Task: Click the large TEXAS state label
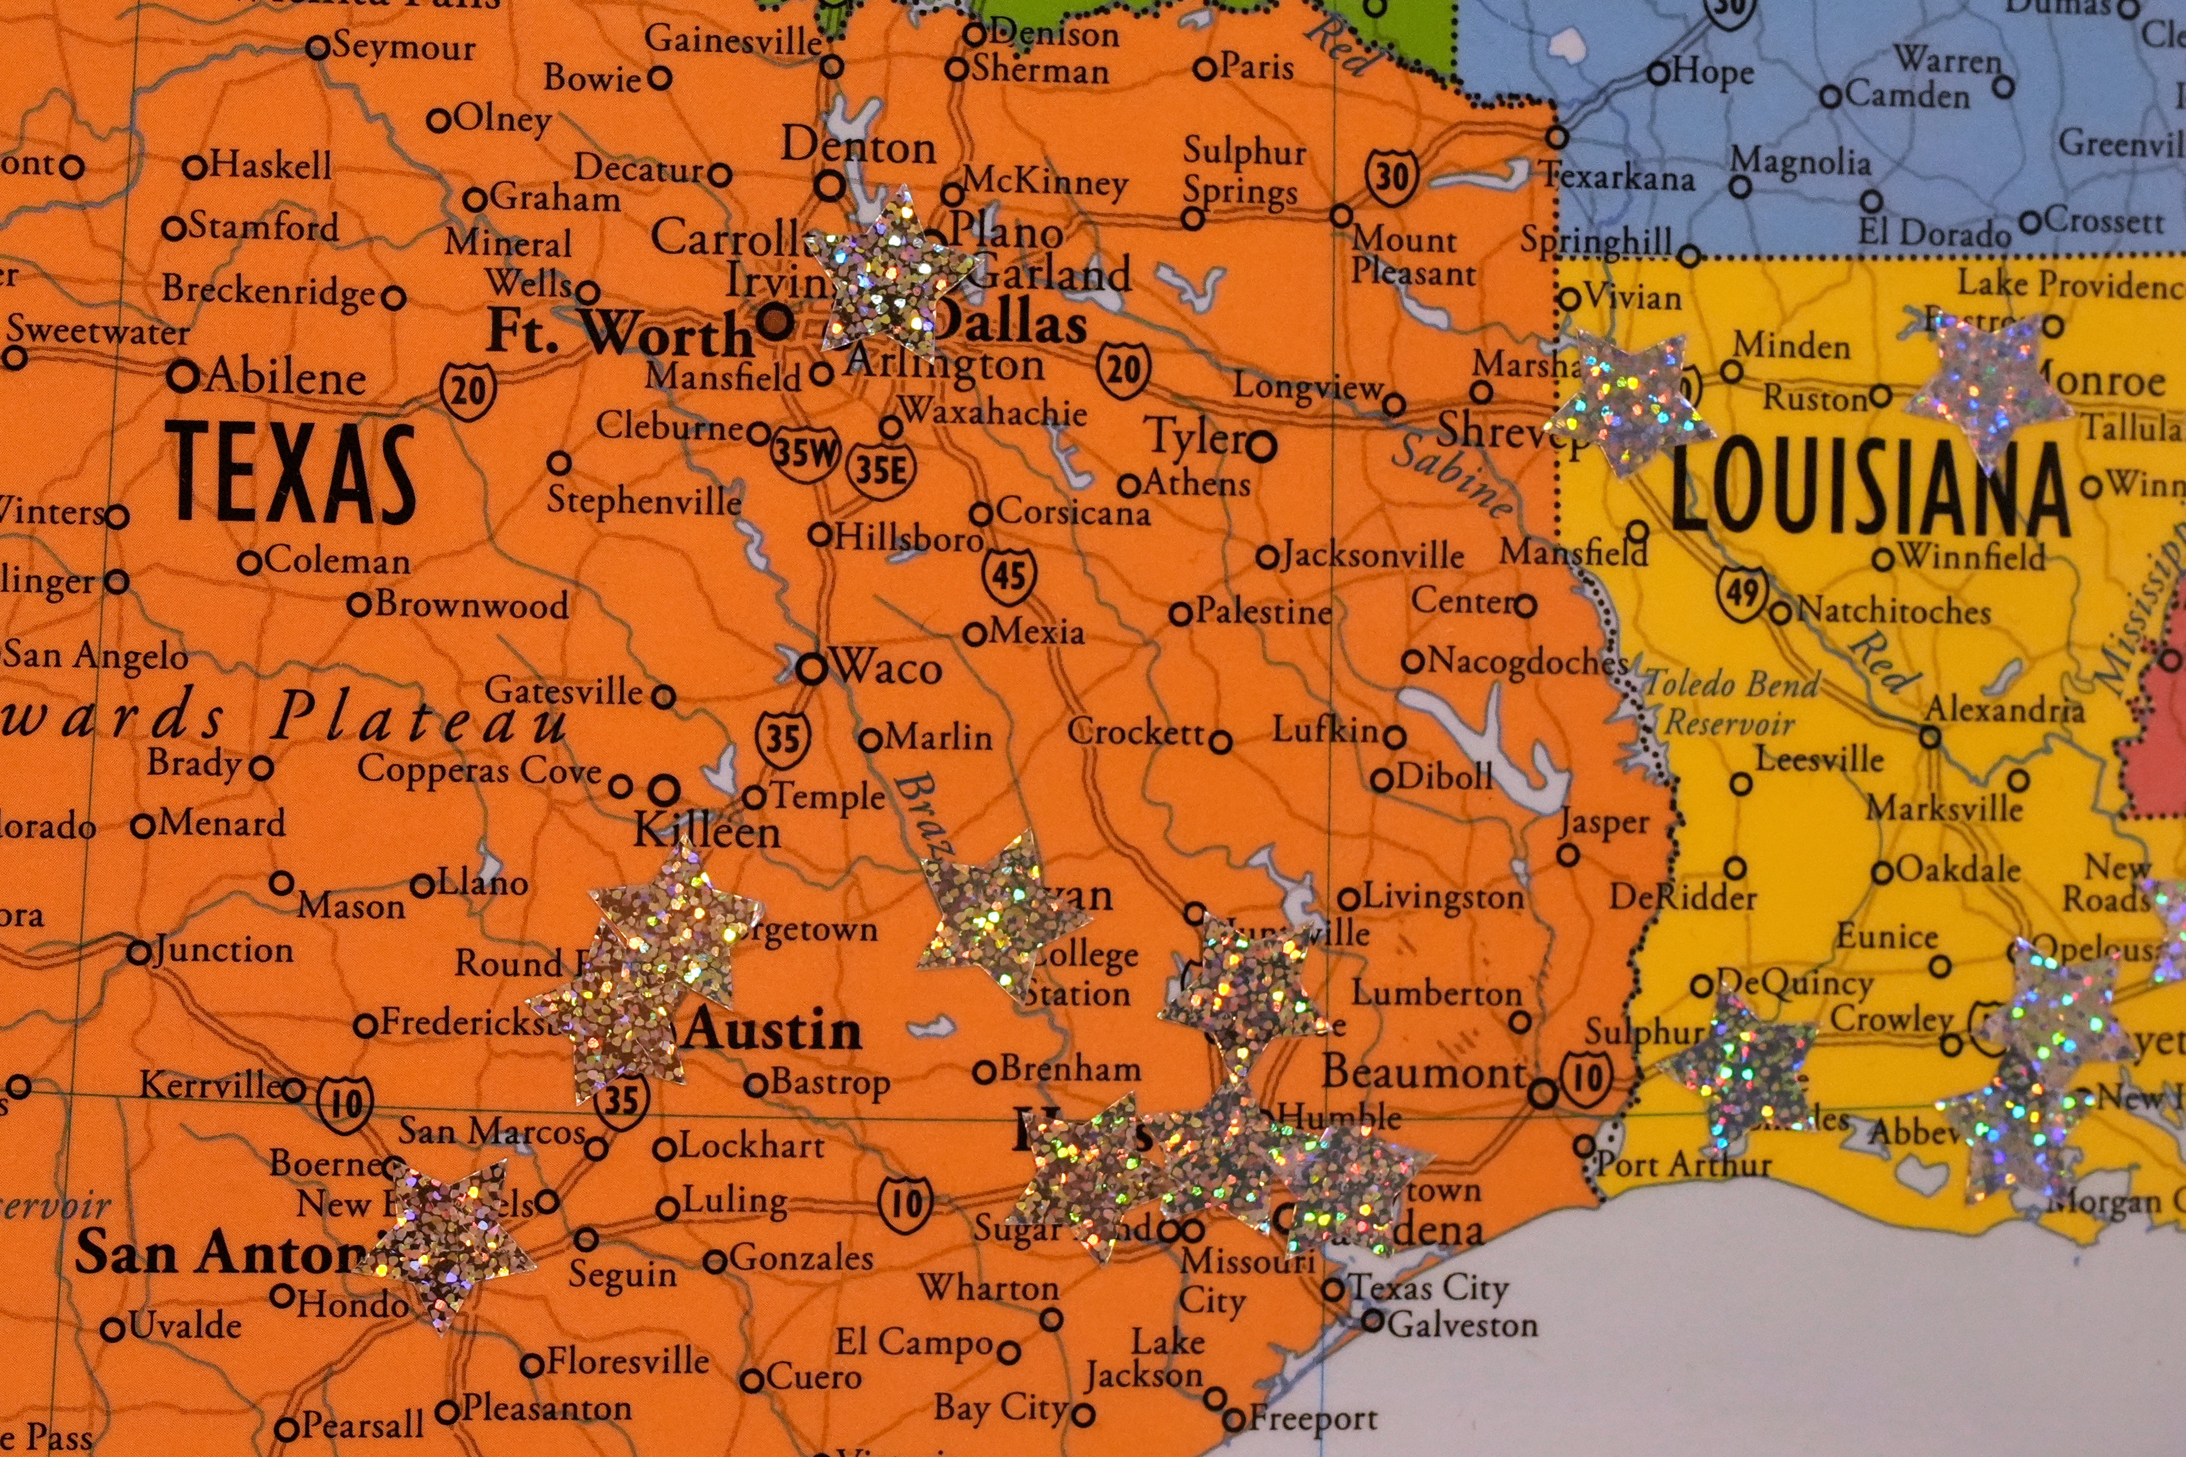point(290,472)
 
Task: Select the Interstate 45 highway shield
point(1009,576)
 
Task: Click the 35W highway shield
point(805,454)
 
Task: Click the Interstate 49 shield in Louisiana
point(1741,591)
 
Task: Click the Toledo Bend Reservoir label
point(1730,703)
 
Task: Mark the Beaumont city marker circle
point(1542,1094)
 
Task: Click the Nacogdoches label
point(1527,662)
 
